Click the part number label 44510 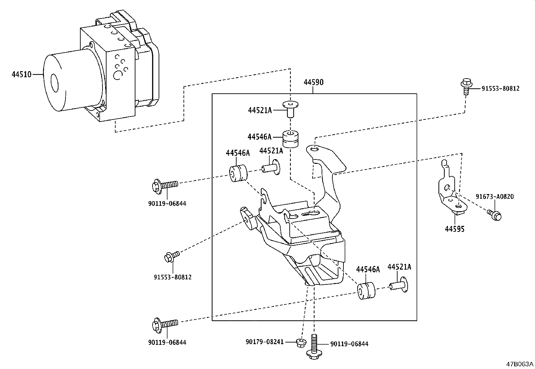point(21,74)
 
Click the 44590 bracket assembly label point(313,82)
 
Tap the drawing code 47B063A point(520,364)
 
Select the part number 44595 point(455,229)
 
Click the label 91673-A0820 point(494,197)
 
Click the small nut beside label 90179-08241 point(300,343)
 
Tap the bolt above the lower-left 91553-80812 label point(171,257)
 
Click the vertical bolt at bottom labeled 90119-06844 point(314,346)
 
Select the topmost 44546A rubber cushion point(291,139)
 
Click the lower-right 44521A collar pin point(400,285)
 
